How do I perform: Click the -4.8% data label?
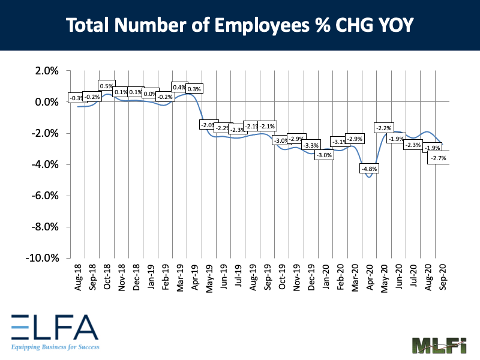(369, 169)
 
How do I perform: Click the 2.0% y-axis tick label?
(46, 71)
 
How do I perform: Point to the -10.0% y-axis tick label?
(42, 258)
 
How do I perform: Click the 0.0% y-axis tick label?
(46, 102)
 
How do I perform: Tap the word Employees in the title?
(245, 25)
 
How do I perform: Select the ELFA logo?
(53, 327)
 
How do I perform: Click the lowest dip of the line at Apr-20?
(369, 176)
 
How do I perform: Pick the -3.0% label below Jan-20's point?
(324, 155)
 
